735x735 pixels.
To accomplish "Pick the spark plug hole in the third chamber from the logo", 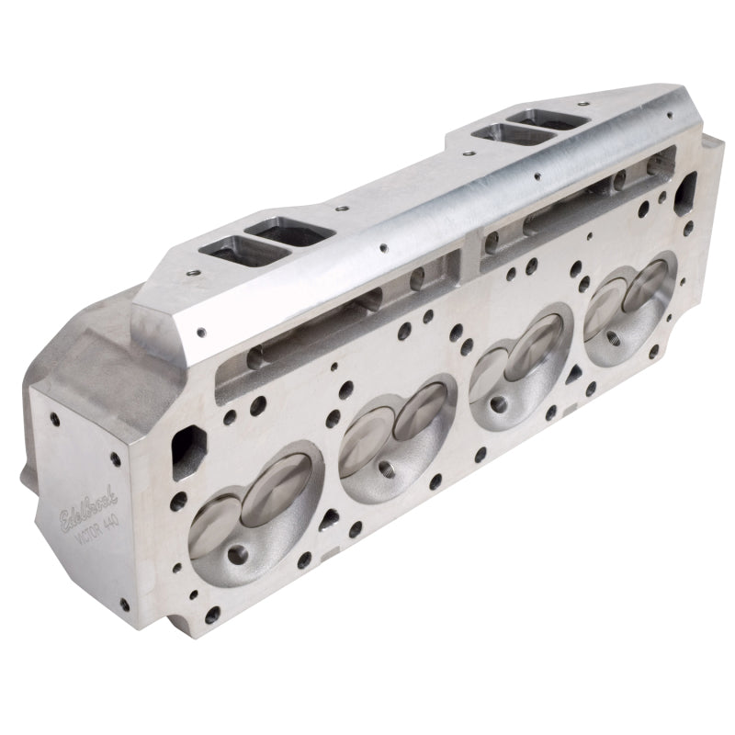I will click(503, 401).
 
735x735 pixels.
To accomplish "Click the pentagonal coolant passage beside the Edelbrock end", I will click(187, 445).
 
